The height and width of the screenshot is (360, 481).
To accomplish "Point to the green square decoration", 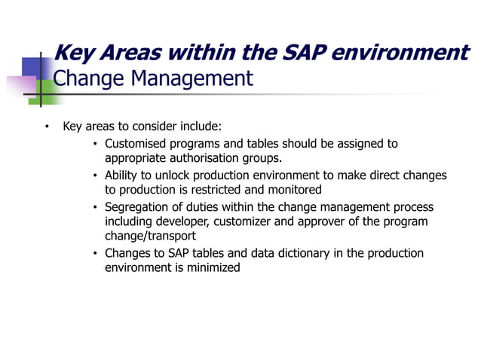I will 47,91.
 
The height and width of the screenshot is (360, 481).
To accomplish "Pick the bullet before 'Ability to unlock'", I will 95,175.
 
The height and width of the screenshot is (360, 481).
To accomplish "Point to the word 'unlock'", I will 172,175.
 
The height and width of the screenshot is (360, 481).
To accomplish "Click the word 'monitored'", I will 295,190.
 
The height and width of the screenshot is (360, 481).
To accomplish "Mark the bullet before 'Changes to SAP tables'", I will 95,254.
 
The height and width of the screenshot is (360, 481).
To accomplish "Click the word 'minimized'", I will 213,268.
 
